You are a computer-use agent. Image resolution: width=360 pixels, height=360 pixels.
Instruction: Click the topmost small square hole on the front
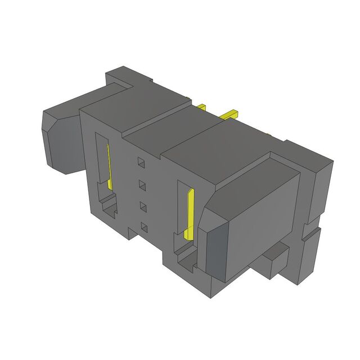142,163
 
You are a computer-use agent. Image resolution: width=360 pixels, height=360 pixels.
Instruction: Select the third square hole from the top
143,206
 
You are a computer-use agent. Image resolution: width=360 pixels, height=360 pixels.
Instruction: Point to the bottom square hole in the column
145,227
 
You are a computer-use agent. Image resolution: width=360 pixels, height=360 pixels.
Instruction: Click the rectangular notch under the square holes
134,232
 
